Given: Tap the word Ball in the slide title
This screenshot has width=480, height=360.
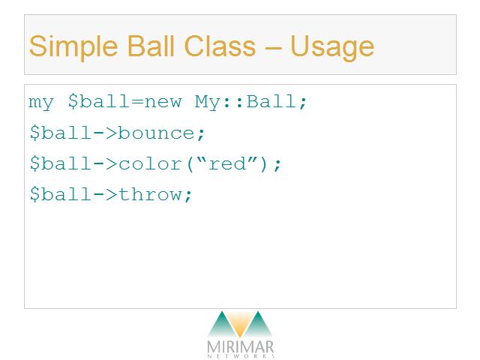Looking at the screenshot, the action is (150, 46).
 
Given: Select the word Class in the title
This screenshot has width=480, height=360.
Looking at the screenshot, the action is (220, 46).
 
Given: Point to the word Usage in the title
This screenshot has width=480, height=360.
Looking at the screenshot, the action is (332, 48).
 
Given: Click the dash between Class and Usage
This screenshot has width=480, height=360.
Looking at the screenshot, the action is (273, 48).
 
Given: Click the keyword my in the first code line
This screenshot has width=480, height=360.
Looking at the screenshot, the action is (41, 103).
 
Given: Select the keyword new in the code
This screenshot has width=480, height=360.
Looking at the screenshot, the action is (163, 102).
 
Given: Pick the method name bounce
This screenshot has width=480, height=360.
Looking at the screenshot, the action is (157, 133).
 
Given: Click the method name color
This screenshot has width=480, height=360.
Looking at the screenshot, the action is (150, 163).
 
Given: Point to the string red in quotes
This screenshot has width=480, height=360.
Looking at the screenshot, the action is (227, 163).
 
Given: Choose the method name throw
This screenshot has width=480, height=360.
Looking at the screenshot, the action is (150, 194).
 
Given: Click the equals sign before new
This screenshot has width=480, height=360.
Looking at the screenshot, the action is (137, 102).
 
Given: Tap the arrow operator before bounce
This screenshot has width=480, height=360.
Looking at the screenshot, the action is (105, 133).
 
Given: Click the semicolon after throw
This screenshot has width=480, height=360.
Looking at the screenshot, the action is (188, 196).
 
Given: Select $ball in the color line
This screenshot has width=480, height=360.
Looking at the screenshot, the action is (61, 163).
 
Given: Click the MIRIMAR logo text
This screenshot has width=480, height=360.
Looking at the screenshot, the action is (240, 348).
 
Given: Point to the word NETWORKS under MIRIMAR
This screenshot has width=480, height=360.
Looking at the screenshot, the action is (241, 356).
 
